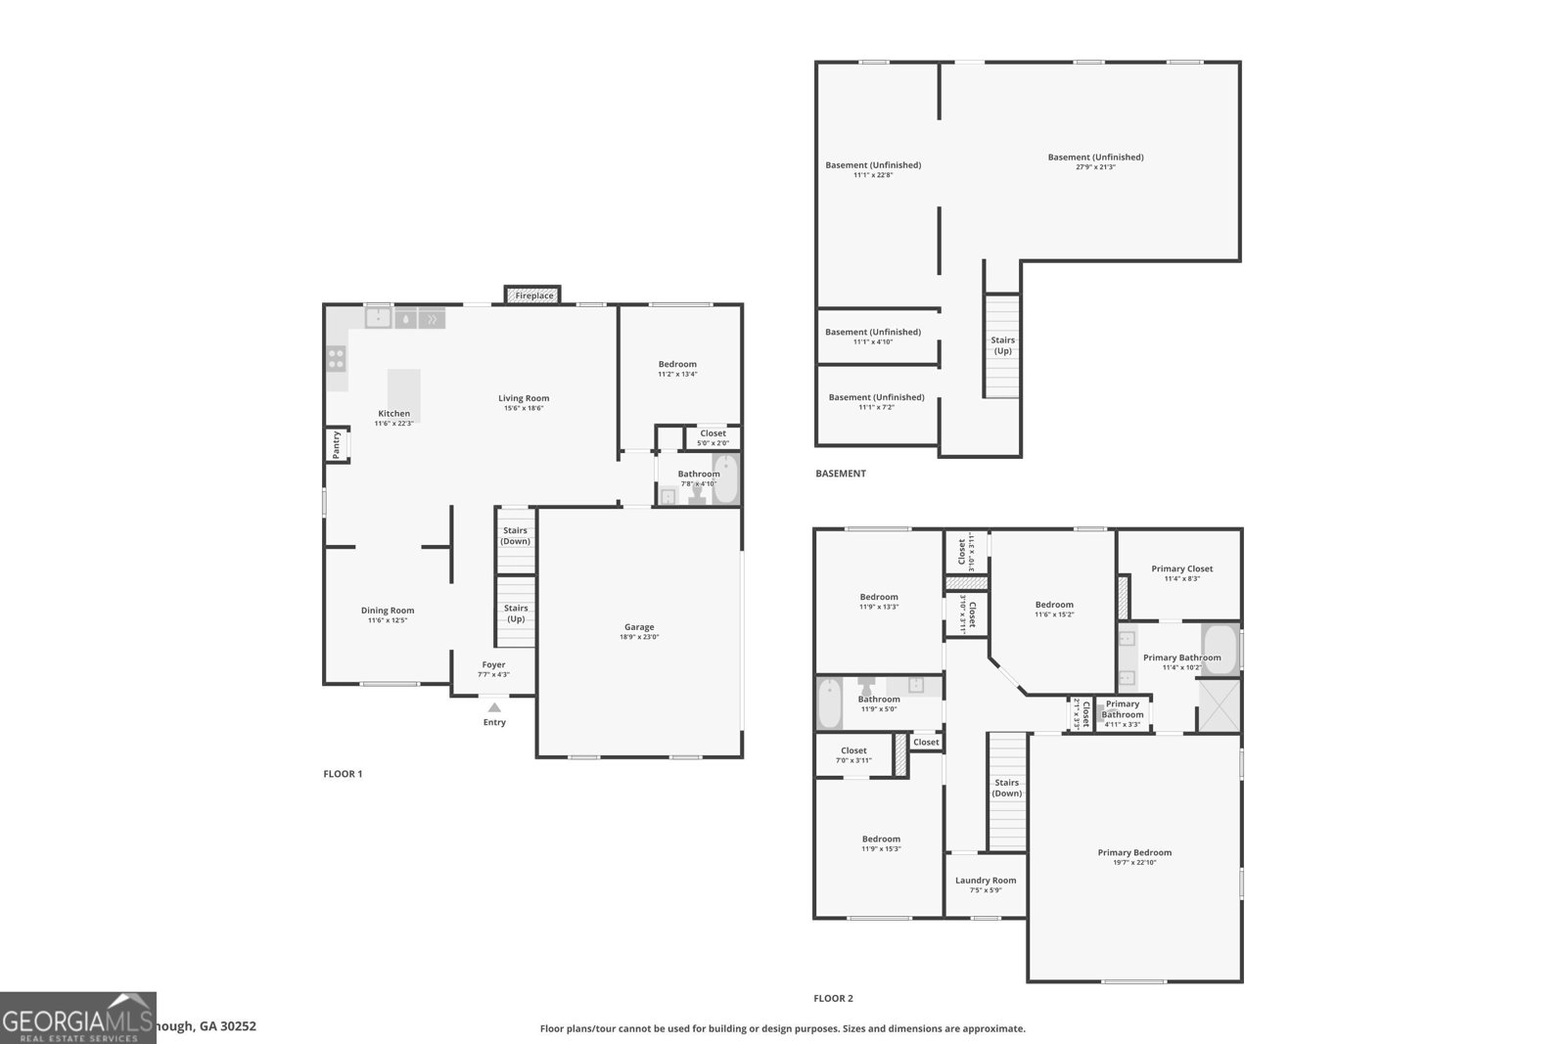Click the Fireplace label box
533,295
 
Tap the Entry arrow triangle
494,707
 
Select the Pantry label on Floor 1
336,445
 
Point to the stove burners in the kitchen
336,359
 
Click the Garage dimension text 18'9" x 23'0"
639,638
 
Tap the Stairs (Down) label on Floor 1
516,536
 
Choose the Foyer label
493,665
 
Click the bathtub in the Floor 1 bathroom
724,479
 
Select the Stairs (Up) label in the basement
1002,345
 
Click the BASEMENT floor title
840,474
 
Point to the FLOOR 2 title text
833,999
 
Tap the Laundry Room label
986,881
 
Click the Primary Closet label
1181,568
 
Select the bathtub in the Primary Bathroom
1220,648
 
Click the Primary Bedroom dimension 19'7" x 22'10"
1134,863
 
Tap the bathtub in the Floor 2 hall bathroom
829,704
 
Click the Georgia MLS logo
78,1018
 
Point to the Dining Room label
388,611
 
